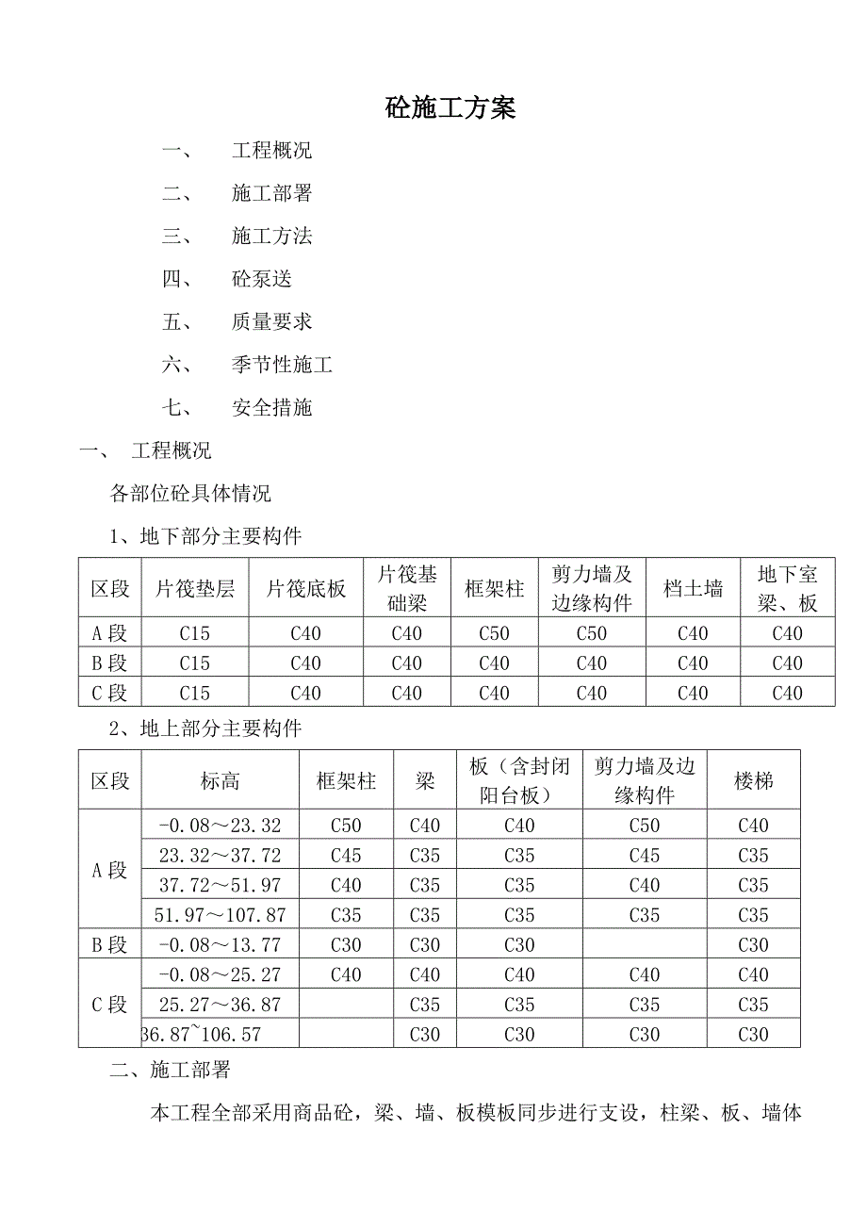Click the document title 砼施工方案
[450, 108]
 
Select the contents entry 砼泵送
[261, 279]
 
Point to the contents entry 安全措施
[271, 408]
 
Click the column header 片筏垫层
[195, 589]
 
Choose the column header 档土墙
[693, 589]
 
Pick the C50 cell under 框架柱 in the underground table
[494, 633]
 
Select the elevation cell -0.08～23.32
[220, 826]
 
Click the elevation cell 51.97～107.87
[220, 915]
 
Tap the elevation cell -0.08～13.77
[220, 945]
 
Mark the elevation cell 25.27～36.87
[220, 1005]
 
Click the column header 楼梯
[753, 780]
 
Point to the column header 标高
[220, 780]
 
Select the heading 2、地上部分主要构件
[219, 728]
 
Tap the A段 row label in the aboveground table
[109, 870]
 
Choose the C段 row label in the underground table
[109, 694]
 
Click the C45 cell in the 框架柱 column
[346, 856]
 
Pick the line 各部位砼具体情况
[190, 494]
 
